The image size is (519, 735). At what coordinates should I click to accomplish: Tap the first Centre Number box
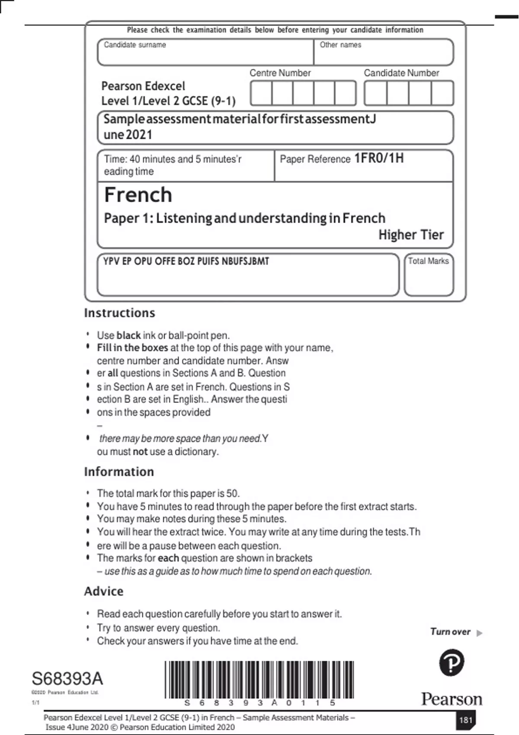tap(261, 93)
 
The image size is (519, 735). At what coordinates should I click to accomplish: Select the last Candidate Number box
tap(442, 93)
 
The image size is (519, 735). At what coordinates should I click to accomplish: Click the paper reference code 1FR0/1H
tap(379, 158)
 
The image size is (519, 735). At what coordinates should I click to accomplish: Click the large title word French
tap(138, 195)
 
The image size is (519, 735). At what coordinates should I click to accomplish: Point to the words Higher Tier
tap(411, 235)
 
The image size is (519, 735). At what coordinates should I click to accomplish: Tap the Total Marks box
tap(429, 275)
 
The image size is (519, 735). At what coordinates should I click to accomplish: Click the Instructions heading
tap(119, 313)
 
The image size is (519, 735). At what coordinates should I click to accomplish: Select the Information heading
tap(119, 472)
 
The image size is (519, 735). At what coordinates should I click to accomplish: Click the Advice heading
tap(103, 591)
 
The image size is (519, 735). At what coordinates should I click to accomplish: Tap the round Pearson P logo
tap(452, 663)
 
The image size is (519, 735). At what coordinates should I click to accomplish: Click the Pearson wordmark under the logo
tap(452, 699)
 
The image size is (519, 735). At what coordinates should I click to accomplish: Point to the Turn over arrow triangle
tap(479, 633)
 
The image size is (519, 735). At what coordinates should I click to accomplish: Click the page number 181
tap(465, 720)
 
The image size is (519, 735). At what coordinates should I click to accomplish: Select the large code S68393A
tap(67, 679)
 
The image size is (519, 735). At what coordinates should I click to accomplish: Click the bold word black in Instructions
tap(128, 336)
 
